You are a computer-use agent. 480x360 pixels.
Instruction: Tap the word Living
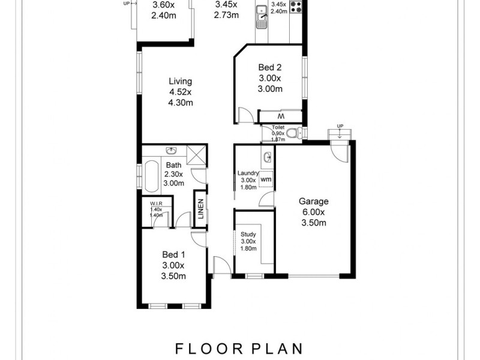tap(180, 82)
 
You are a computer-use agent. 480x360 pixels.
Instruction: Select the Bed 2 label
tap(269, 67)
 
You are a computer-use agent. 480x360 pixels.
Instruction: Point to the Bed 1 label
tap(173, 255)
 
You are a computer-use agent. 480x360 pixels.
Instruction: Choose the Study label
tap(248, 235)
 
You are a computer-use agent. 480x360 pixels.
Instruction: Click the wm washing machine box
tap(266, 178)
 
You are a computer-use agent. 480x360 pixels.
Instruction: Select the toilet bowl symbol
tap(292, 133)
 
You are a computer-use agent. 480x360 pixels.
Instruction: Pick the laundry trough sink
tap(267, 158)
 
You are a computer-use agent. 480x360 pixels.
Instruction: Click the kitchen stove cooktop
tap(296, 7)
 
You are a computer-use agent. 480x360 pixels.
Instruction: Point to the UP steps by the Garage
tap(340, 133)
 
